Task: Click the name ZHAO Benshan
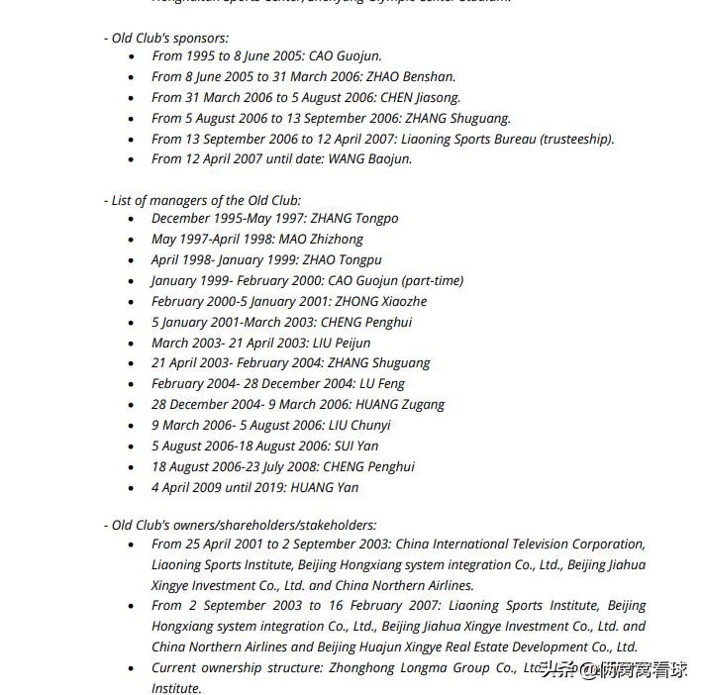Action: click(x=411, y=76)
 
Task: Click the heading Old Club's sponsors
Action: click(x=169, y=38)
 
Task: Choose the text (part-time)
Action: click(x=431, y=280)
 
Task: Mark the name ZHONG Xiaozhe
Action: click(x=380, y=301)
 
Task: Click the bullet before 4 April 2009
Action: click(x=132, y=488)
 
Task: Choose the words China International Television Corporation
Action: click(x=519, y=544)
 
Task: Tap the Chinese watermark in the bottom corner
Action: click(x=613, y=670)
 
